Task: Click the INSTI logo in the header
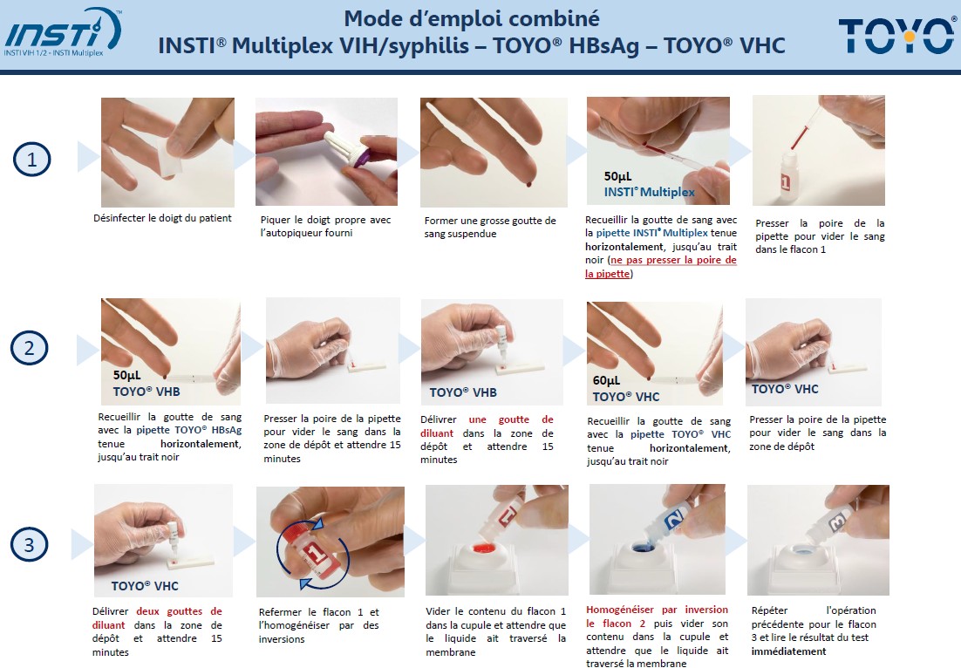coord(63,31)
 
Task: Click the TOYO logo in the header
coord(896,36)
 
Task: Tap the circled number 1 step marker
coord(32,160)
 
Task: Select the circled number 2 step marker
coord(29,347)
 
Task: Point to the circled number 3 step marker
coord(29,544)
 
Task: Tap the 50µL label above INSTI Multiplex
coord(617,176)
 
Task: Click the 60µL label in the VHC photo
coord(606,380)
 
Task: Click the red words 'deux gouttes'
coord(169,611)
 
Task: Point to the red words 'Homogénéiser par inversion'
coord(657,610)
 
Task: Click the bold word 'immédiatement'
coord(789,651)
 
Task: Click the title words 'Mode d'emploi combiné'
coord(471,18)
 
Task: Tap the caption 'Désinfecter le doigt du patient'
coord(162,217)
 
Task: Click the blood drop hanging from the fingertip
coord(528,183)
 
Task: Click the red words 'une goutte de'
coord(511,419)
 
